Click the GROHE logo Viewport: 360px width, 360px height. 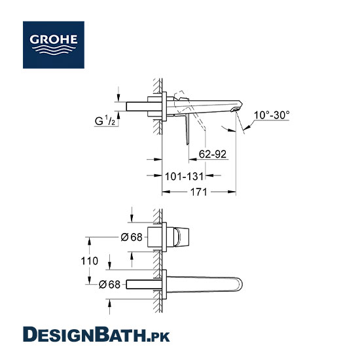[54, 45]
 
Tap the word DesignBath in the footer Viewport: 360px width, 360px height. [84, 334]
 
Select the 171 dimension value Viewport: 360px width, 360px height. [199, 192]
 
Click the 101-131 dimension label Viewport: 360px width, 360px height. [184, 176]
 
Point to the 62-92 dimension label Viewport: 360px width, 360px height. [213, 154]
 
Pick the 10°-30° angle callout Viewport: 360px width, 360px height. [272, 115]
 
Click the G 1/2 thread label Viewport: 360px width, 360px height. [105, 120]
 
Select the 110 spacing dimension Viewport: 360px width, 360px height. [90, 261]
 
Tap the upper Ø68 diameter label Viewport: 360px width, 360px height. [132, 237]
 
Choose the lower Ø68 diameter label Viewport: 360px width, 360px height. [109, 285]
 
